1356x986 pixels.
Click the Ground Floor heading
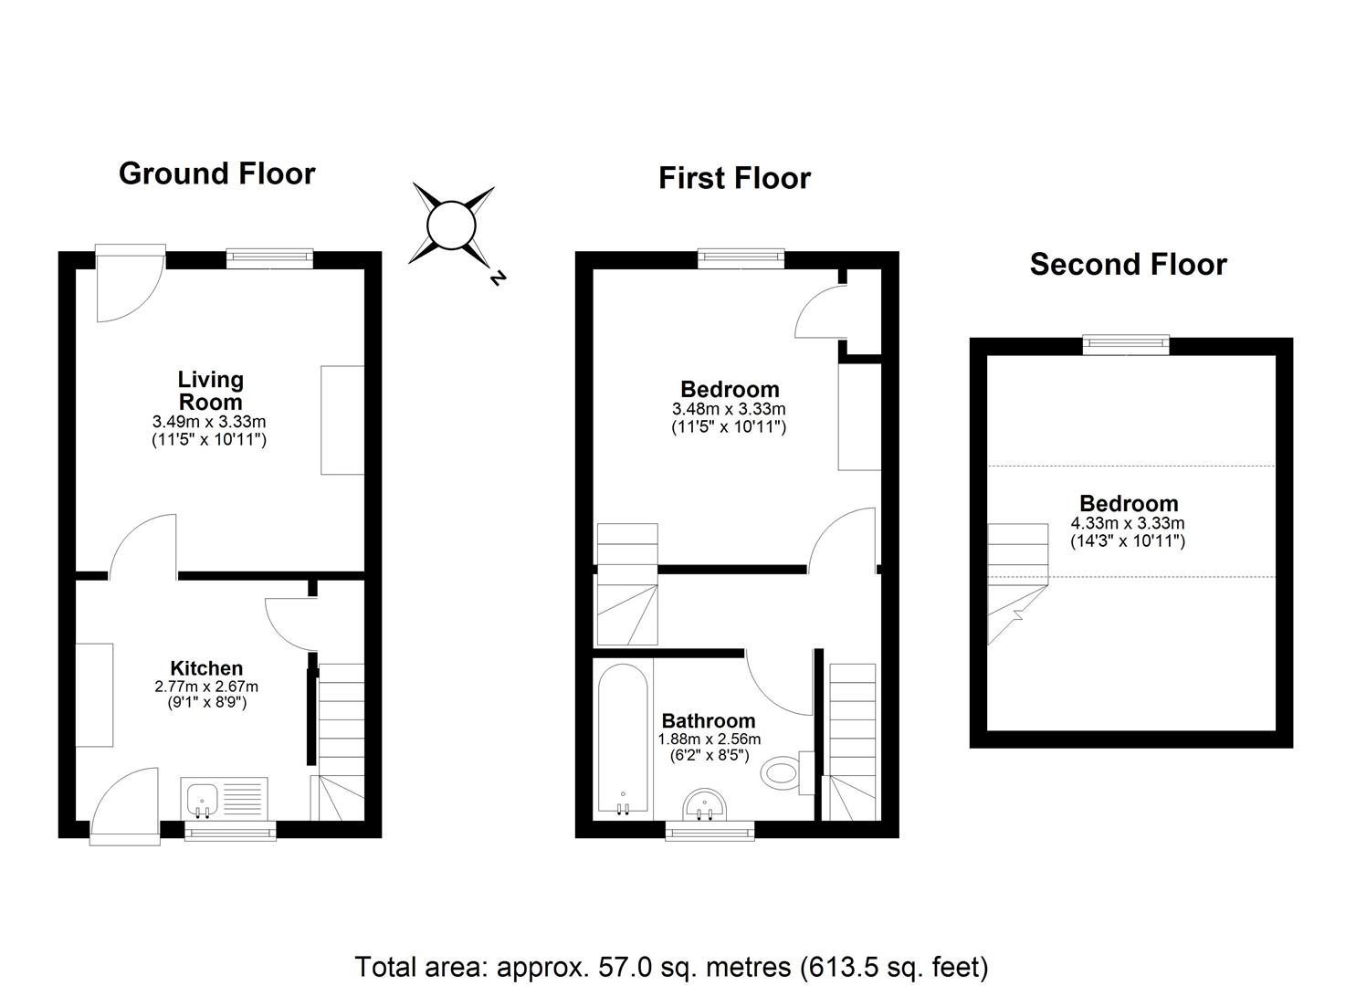pos(216,173)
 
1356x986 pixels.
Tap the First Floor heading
pos(734,179)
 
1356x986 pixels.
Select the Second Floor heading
pos(1129,265)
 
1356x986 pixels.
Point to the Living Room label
pos(211,391)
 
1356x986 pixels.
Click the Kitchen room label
pos(206,668)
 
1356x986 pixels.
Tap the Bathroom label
pos(709,721)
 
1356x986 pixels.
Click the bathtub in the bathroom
pos(623,738)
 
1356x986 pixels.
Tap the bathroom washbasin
pos(705,805)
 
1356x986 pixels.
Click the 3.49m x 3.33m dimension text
pos(209,421)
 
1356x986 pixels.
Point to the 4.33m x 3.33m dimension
pos(1127,523)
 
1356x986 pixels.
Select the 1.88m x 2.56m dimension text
pos(709,739)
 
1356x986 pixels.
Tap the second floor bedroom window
pos(1126,345)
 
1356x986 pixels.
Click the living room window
pos(270,258)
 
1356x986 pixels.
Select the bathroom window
pos(710,831)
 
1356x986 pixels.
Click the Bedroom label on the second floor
pos(1129,504)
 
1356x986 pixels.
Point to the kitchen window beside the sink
pos(230,831)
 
